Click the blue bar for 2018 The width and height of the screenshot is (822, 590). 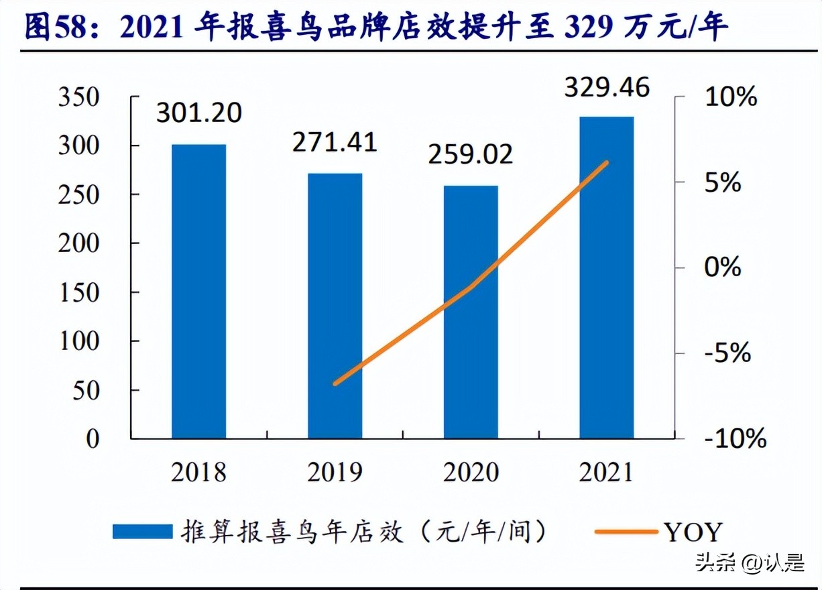(198, 292)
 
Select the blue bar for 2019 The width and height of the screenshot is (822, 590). (335, 306)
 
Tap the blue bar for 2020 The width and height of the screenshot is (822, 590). (471, 312)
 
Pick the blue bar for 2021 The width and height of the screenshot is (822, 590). (607, 278)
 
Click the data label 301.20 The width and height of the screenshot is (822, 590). (198, 113)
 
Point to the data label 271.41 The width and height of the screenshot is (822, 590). (335, 142)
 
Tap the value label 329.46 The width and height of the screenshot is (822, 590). (607, 87)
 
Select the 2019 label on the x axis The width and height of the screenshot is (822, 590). (335, 472)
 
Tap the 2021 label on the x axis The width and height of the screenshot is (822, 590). (607, 472)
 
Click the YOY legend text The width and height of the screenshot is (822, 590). (693, 532)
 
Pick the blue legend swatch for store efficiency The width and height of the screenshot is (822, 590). (141, 532)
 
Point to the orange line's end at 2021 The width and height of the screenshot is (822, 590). (607, 162)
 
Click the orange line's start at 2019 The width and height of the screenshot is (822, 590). (335, 383)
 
